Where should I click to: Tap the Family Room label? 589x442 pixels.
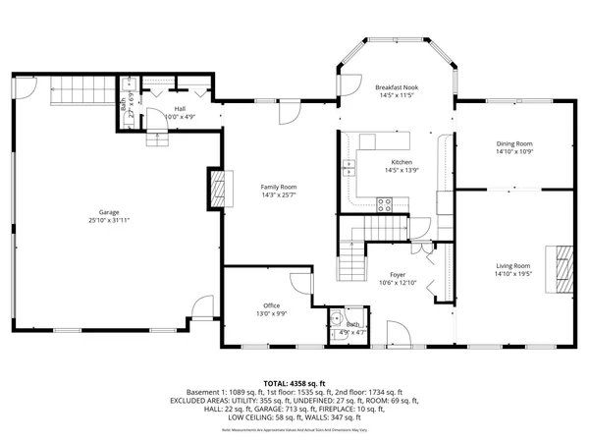(278, 187)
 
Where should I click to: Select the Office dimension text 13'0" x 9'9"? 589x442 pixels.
(272, 314)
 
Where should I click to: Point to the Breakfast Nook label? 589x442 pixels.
(398, 87)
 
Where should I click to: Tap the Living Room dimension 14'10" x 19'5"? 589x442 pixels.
(512, 274)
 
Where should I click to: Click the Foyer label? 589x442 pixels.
(399, 274)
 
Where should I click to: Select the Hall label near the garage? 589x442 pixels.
(180, 109)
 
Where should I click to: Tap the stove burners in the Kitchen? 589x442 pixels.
(386, 205)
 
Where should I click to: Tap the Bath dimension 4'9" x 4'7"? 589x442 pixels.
(350, 332)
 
